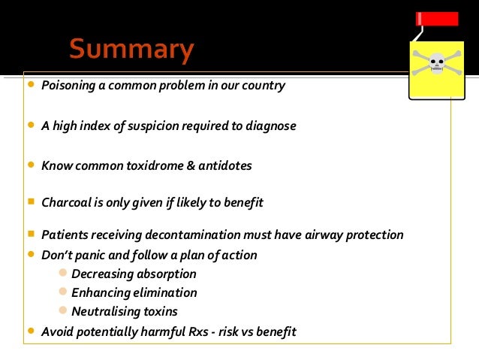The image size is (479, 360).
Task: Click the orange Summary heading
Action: pos(131,50)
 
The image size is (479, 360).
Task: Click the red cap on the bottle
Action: pos(438,19)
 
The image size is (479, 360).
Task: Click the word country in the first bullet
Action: pos(264,86)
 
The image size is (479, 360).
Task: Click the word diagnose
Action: pos(271,126)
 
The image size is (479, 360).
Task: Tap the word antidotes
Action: pos(224,165)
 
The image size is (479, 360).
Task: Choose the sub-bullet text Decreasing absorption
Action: pos(134,274)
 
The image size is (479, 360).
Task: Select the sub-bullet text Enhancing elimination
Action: pos(134,293)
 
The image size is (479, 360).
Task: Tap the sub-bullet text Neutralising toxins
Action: pos(125,311)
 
